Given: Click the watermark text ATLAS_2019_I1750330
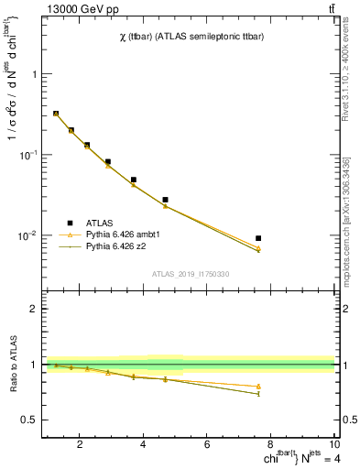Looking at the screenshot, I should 190,274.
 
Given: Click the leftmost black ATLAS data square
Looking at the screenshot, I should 56,114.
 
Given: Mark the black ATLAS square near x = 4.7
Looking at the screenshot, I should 165,200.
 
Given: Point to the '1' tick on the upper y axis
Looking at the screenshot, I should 34,74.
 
